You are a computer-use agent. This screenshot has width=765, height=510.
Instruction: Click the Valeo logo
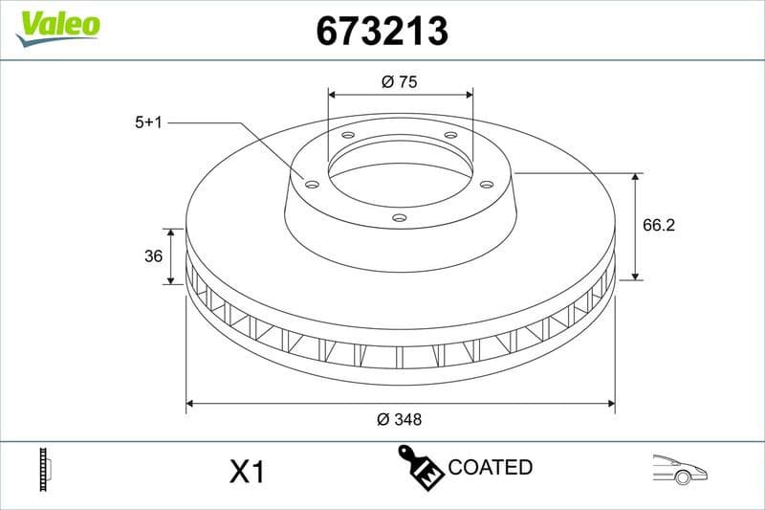(x=57, y=24)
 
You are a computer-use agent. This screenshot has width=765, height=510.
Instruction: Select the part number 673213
(x=382, y=31)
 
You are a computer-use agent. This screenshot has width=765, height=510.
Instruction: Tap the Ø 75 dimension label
(x=399, y=82)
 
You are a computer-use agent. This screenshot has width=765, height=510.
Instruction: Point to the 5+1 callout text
(x=151, y=122)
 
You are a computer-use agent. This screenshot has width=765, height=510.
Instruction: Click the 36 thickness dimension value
(x=152, y=256)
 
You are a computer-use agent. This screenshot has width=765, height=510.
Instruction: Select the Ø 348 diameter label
(x=400, y=419)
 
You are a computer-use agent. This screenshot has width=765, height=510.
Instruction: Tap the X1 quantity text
(x=247, y=472)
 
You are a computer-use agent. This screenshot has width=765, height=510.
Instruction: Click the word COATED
(x=490, y=468)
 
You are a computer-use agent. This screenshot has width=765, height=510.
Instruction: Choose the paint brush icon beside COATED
(x=420, y=467)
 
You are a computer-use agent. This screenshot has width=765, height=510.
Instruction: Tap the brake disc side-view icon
(x=44, y=470)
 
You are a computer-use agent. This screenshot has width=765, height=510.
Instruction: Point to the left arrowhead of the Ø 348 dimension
(x=190, y=404)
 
